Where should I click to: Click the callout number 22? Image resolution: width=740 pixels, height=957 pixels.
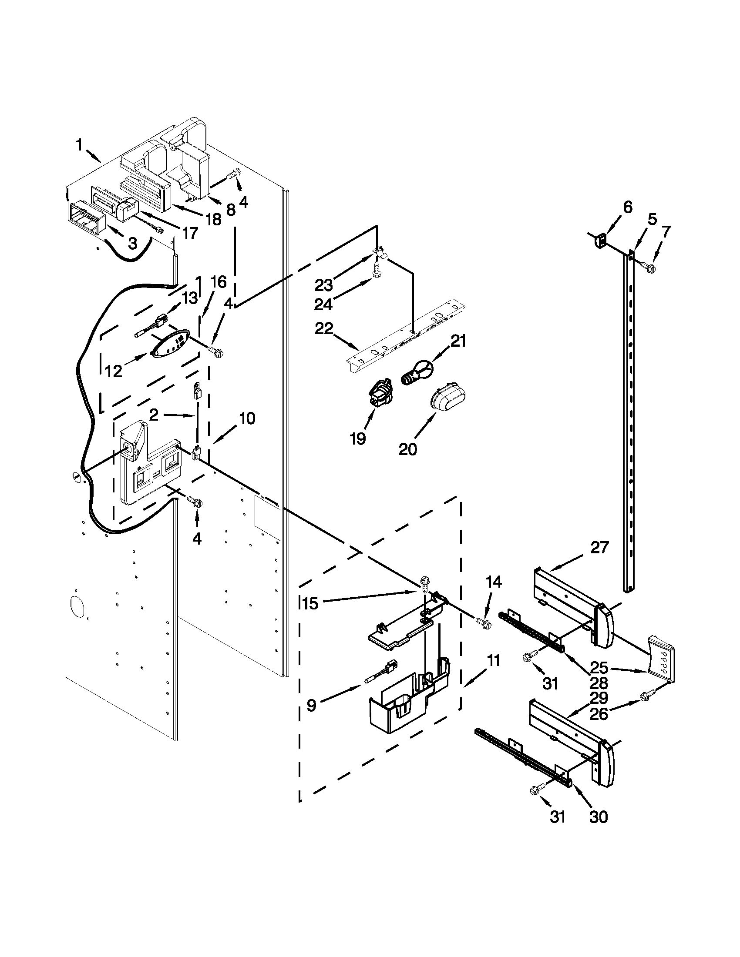point(324,328)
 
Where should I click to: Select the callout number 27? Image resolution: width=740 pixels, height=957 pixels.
point(600,547)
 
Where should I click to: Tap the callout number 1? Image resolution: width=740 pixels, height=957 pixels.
point(79,145)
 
